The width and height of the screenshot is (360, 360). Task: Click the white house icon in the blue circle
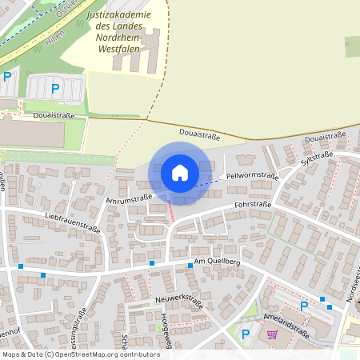pos(179,173)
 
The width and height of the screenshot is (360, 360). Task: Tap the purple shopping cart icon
pos(272,334)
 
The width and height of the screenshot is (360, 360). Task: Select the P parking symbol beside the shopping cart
pos(246,334)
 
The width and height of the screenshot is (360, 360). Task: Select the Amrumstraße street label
pos(128,198)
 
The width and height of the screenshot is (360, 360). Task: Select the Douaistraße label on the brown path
pos(200,136)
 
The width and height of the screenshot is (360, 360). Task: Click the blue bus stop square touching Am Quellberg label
pos(190,265)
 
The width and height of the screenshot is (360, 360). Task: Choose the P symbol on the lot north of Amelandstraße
pos(303,306)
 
